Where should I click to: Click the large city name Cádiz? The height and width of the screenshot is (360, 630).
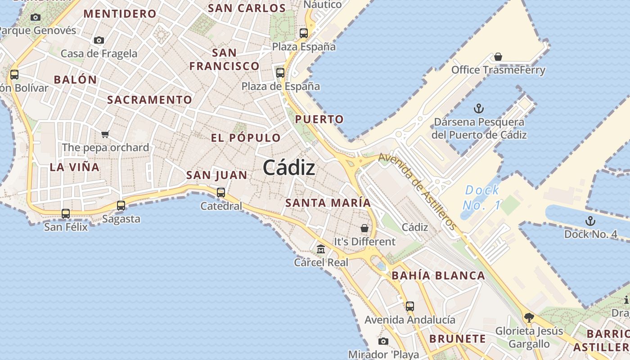tap(289, 168)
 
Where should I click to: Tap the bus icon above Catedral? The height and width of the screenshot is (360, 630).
tap(221, 193)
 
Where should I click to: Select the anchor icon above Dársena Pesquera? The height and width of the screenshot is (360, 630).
tap(479, 108)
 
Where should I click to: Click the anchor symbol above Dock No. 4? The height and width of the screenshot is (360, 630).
tap(590, 221)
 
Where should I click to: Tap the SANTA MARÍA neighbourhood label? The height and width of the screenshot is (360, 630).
tap(328, 203)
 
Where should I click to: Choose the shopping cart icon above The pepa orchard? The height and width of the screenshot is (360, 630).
tap(105, 134)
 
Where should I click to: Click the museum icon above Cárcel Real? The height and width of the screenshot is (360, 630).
tap(321, 248)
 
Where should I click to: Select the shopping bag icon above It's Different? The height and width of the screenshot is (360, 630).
tap(364, 228)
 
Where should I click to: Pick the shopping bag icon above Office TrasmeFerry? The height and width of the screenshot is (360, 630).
tap(498, 57)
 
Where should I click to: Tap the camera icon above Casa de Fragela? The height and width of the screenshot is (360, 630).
tap(99, 40)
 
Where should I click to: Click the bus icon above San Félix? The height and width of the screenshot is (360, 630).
tap(66, 214)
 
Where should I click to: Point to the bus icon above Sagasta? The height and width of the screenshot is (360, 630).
tap(121, 206)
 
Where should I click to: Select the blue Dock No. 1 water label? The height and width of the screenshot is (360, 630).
tap(482, 198)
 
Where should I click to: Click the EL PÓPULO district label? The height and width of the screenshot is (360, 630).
tap(246, 138)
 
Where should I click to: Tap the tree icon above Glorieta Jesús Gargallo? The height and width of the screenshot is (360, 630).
tap(529, 318)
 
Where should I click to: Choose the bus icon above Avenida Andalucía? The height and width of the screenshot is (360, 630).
tap(409, 306)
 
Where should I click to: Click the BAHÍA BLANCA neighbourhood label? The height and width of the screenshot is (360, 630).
tap(438, 275)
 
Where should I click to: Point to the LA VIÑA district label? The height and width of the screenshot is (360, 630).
tap(75, 167)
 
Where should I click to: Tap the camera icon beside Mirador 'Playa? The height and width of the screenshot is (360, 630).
tap(383, 342)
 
